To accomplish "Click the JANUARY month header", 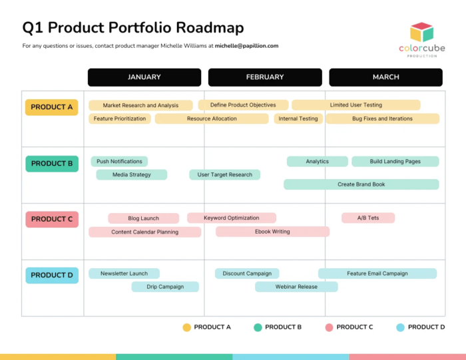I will (x=144, y=77).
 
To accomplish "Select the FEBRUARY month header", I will (x=265, y=77).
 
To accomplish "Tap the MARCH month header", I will (x=385, y=77).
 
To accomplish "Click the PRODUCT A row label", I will (x=52, y=107).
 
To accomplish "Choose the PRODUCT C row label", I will (x=52, y=219).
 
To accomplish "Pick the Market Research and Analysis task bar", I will (x=140, y=105).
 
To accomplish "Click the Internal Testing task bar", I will (x=298, y=118).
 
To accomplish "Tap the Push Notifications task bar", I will (x=119, y=161).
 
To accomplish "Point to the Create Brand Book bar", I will (x=361, y=184).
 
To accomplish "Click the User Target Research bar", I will (x=225, y=174).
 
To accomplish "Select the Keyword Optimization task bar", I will (x=231, y=218).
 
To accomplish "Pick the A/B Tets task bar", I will (x=368, y=218).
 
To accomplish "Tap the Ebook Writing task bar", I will (x=272, y=232).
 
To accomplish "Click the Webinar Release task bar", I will (x=296, y=287).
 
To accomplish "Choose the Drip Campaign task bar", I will (x=164, y=287).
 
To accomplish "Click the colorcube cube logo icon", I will (x=421, y=32).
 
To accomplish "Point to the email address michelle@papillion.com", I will (x=246, y=46).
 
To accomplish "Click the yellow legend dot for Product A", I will (x=187, y=327).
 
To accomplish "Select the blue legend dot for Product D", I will (x=400, y=327).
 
